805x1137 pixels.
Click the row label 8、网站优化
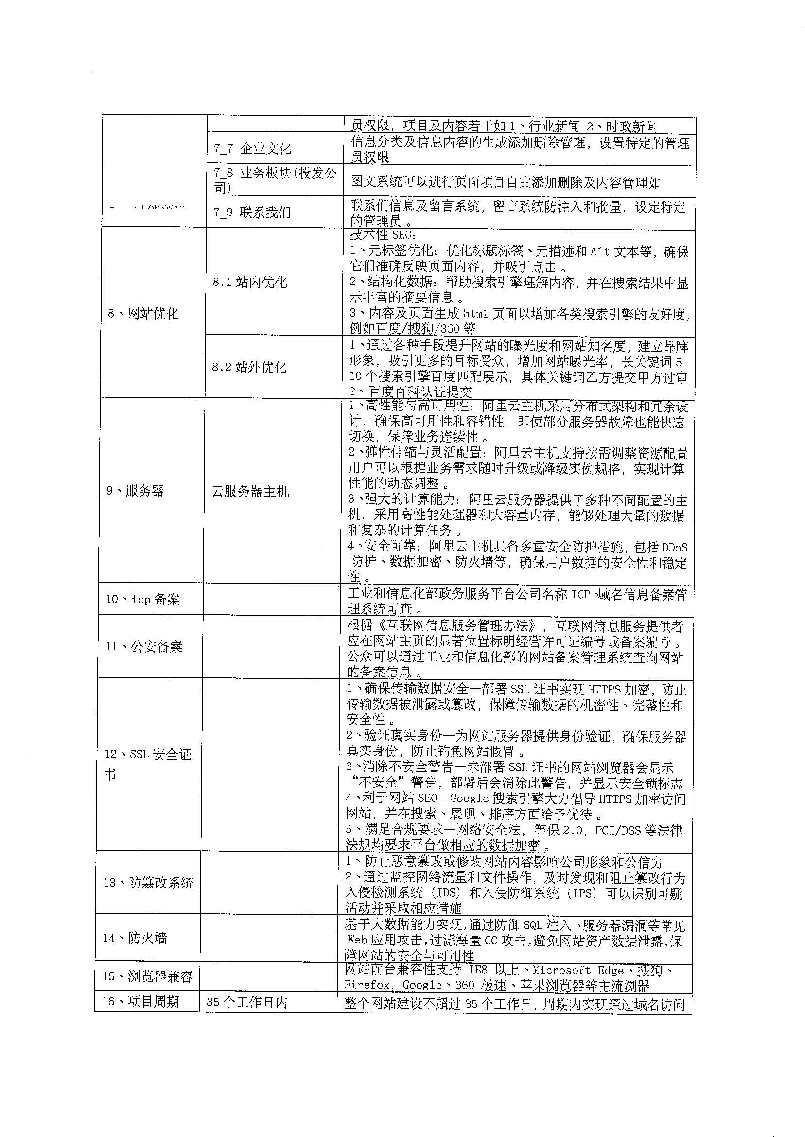tap(143, 313)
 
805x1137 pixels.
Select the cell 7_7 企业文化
tap(252, 148)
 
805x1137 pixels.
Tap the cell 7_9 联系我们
tap(252, 212)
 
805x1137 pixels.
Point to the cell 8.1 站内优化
tap(250, 282)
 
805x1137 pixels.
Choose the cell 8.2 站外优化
tap(249, 367)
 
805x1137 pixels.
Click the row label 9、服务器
tap(135, 490)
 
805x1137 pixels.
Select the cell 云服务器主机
tap(250, 491)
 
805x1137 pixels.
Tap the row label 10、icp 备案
tap(143, 599)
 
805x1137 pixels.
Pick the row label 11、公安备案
tap(144, 647)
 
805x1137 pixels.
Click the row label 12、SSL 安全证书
tap(147, 764)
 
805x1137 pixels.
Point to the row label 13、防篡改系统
tap(148, 883)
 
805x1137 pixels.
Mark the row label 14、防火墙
tap(135, 938)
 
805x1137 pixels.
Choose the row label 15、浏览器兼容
tap(147, 977)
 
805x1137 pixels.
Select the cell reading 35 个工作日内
tap(247, 1002)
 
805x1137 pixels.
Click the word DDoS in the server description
tap(674, 548)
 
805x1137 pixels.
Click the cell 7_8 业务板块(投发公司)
tap(275, 179)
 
